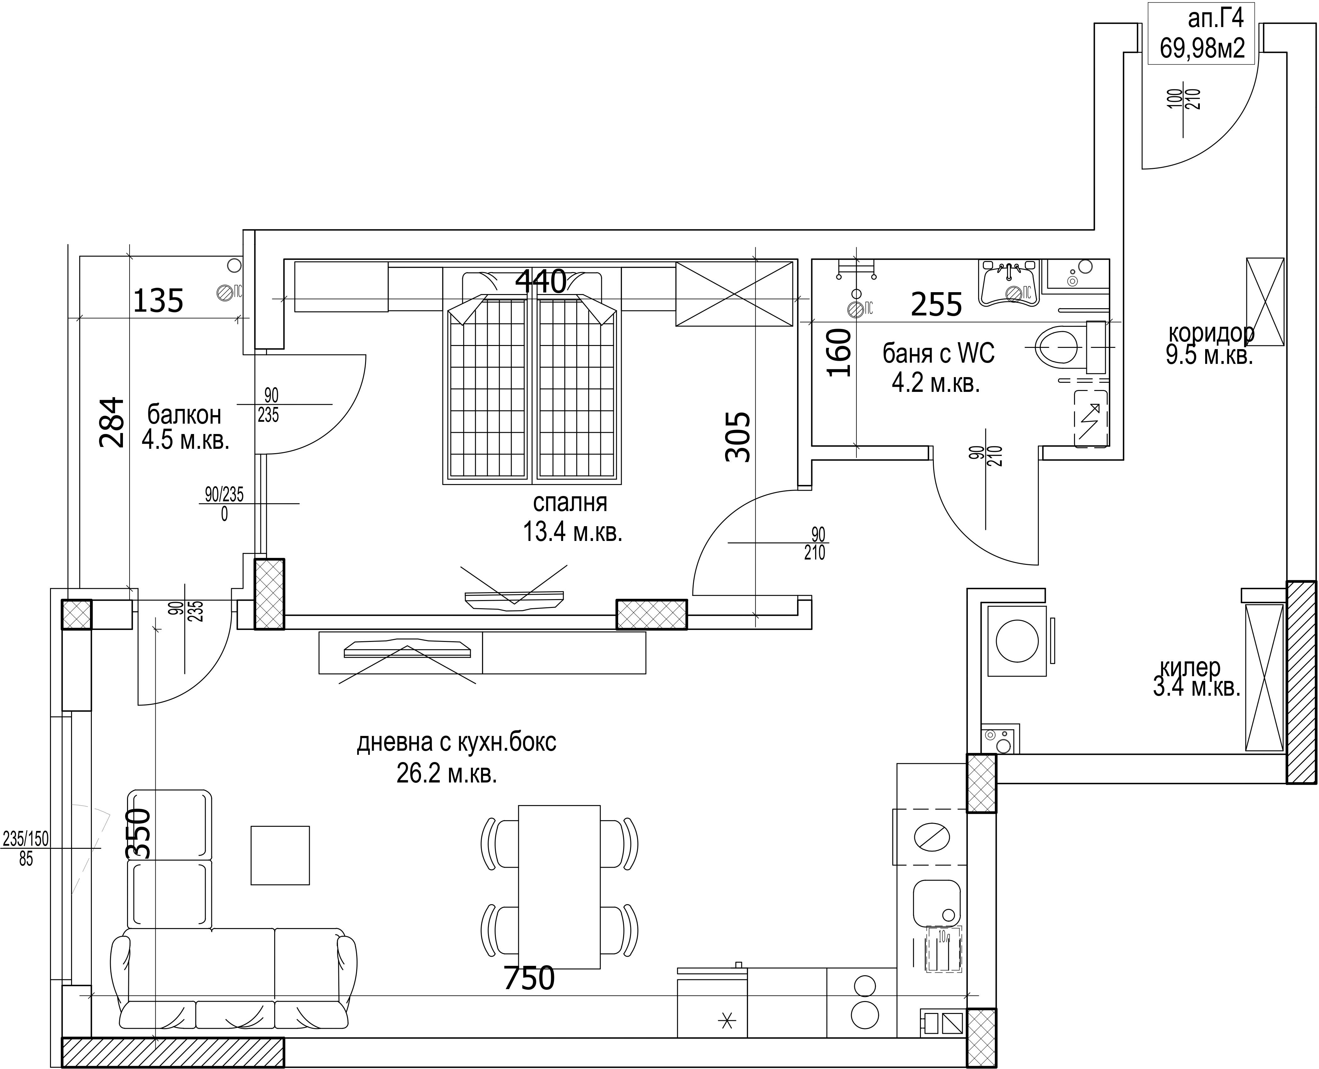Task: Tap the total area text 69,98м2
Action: click(x=1202, y=48)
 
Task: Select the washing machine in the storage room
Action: click(x=1017, y=641)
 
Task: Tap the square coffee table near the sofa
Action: click(x=280, y=855)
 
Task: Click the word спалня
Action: click(x=570, y=503)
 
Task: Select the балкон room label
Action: click(x=184, y=415)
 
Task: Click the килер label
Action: click(x=1190, y=667)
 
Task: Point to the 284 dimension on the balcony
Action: click(x=113, y=422)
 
